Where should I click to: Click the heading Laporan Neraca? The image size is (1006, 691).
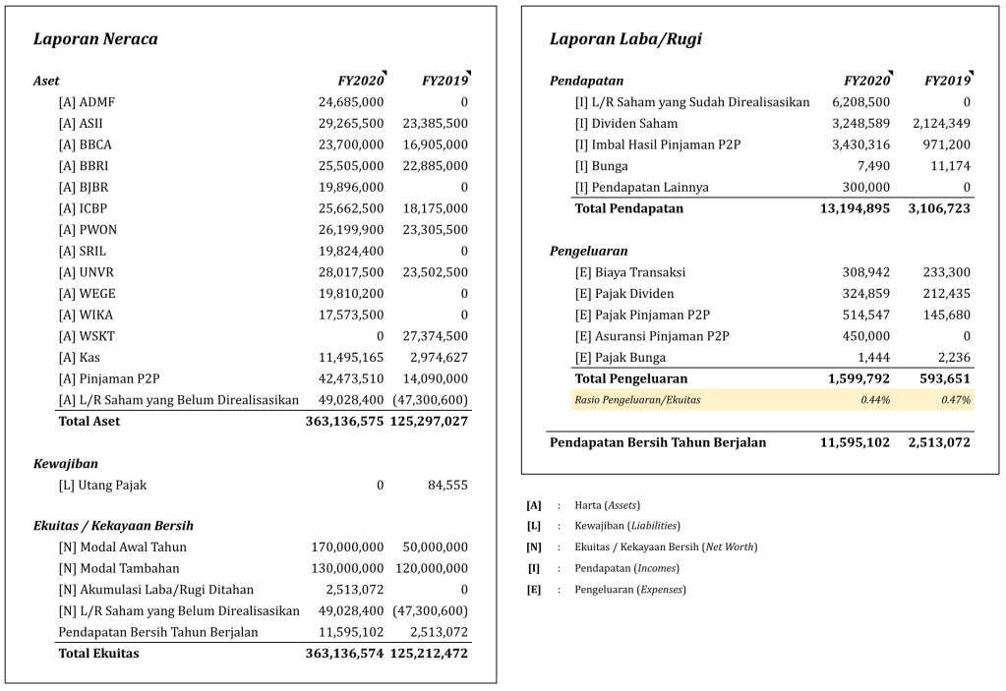(95, 39)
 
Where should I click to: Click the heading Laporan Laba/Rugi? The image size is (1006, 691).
(625, 39)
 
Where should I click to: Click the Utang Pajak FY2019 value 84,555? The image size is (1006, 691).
(447, 485)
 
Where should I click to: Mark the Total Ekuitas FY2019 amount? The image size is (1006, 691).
(429, 654)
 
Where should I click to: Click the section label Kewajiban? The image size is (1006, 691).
(65, 463)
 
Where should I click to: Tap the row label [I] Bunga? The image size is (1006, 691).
(601, 166)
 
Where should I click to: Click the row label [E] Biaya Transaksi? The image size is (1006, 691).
(630, 272)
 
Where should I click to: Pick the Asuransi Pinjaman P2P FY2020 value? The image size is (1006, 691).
(867, 336)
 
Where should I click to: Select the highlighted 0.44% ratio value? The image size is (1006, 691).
(875, 400)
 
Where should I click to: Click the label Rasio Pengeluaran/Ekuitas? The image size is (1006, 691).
(637, 400)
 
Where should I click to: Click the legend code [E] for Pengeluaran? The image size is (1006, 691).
(534, 590)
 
